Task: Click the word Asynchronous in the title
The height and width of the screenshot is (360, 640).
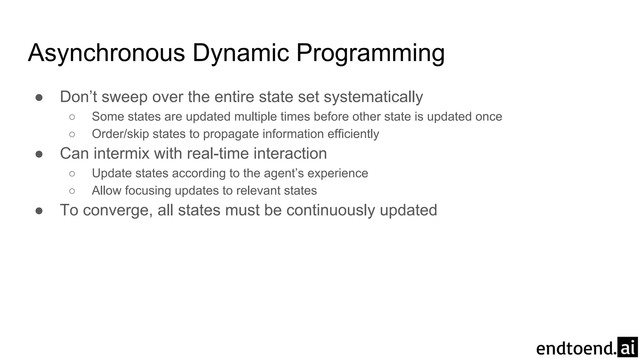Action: tap(107, 53)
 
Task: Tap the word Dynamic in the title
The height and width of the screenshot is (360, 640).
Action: tap(241, 53)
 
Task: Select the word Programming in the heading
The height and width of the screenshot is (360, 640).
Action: tap(370, 53)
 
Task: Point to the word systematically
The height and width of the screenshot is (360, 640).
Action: tap(373, 97)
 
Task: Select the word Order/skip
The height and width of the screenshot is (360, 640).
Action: tap(120, 134)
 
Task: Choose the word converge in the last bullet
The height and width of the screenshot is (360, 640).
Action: tap(117, 210)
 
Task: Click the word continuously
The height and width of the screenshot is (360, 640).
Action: tap(330, 210)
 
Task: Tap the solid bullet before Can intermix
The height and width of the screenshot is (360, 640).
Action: tap(39, 154)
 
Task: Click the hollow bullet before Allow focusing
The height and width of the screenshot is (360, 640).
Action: tap(72, 191)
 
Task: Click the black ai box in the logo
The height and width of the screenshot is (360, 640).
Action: tap(627, 347)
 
